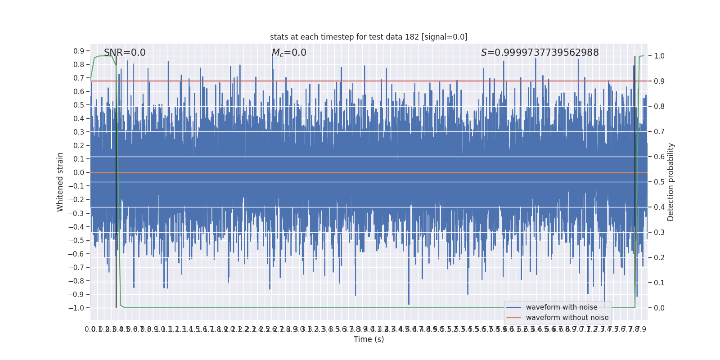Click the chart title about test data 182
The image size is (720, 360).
point(369,37)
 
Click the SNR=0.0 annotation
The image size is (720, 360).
point(125,53)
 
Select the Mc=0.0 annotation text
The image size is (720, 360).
point(289,53)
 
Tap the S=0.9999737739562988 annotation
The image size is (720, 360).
point(540,53)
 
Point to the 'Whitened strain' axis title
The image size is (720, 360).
point(60,182)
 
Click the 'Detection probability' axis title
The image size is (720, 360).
point(671,182)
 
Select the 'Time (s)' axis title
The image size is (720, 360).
point(369,339)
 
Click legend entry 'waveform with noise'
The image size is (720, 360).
point(562,307)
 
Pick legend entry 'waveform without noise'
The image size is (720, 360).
point(567,318)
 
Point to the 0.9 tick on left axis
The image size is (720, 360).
point(79,51)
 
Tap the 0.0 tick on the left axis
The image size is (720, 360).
point(79,172)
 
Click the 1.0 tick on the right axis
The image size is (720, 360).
point(659,56)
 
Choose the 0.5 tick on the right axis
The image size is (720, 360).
point(659,182)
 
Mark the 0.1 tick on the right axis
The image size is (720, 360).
point(659,283)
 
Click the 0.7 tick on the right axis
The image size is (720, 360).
point(659,131)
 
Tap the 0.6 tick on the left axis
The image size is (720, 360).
point(79,91)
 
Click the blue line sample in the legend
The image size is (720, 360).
point(513,307)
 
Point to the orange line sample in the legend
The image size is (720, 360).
point(513,318)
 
